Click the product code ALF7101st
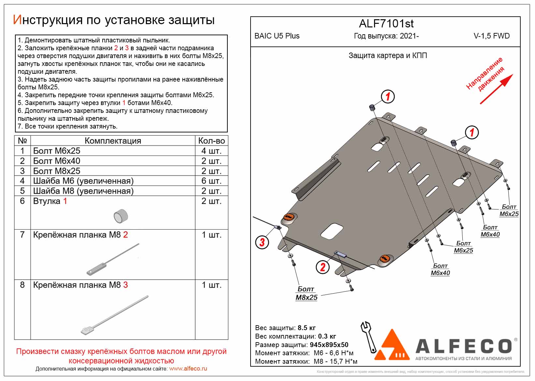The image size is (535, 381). pos(386,24)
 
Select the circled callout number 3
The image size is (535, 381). pos(262,242)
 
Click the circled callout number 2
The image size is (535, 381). pos(322,267)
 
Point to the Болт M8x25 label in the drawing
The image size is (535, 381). pos(306,293)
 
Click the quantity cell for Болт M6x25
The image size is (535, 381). pos(211,151)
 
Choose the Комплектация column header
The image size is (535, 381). pos(113,141)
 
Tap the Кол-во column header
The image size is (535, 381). pos(211,141)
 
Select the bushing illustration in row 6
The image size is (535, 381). pos(121,216)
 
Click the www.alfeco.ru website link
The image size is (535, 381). pos(188,369)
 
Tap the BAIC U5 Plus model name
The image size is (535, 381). pos(277,36)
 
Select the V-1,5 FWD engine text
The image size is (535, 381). pos(491,36)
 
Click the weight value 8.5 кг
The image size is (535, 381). pos(307,328)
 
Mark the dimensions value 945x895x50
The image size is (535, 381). pos(329,345)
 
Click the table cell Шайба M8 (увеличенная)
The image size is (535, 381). pos(83,191)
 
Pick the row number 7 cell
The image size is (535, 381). pos(22,235)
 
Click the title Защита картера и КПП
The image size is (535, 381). pos(387,55)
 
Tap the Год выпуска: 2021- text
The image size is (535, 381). pos(386,36)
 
